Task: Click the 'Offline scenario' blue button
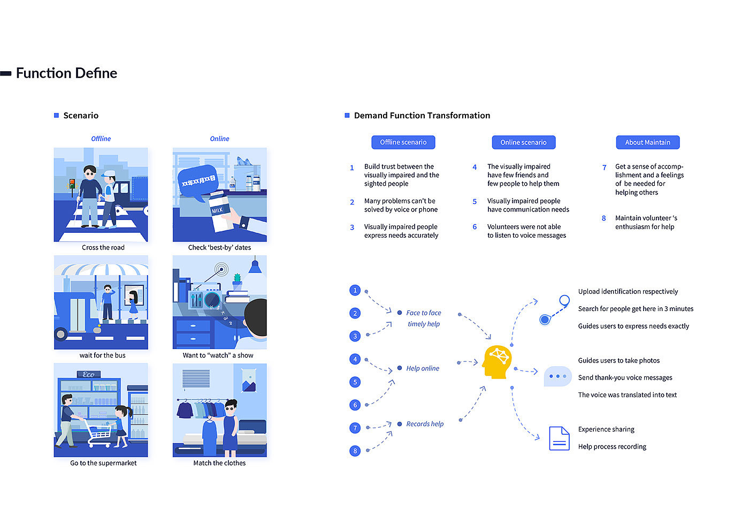pyautogui.click(x=403, y=142)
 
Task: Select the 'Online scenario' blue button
pyautogui.click(x=523, y=142)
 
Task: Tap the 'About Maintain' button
pyautogui.click(x=647, y=142)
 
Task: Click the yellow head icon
pyautogui.click(x=497, y=362)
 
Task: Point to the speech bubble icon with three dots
pyautogui.click(x=557, y=376)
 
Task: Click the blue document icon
pyautogui.click(x=559, y=438)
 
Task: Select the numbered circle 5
pyautogui.click(x=355, y=382)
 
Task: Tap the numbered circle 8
pyautogui.click(x=355, y=451)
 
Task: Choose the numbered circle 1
pyautogui.click(x=355, y=290)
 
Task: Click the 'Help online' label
pyautogui.click(x=422, y=368)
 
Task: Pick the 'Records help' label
pyautogui.click(x=425, y=424)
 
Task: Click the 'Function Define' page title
pyautogui.click(x=66, y=73)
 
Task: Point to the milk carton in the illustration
pyautogui.click(x=219, y=211)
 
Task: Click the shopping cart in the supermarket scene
pyautogui.click(x=100, y=432)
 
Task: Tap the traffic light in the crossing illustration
pyautogui.click(x=71, y=185)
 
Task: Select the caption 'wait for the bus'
pyautogui.click(x=102, y=355)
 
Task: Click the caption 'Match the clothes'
pyautogui.click(x=219, y=463)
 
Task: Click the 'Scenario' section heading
pyautogui.click(x=81, y=116)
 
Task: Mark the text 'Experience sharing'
pyautogui.click(x=606, y=429)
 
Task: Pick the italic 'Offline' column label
pyautogui.click(x=101, y=139)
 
